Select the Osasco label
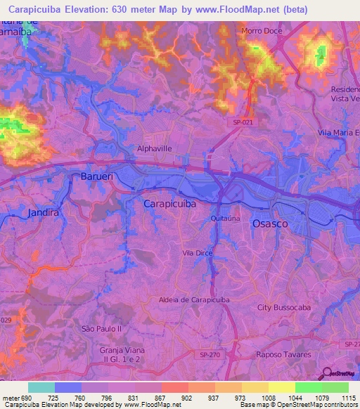click(270, 223)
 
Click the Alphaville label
click(153, 148)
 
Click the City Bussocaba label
click(283, 308)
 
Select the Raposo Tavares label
click(283, 355)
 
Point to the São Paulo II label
click(102, 328)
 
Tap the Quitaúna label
click(225, 219)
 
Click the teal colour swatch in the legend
click(41, 387)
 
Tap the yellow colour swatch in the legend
click(282, 387)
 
